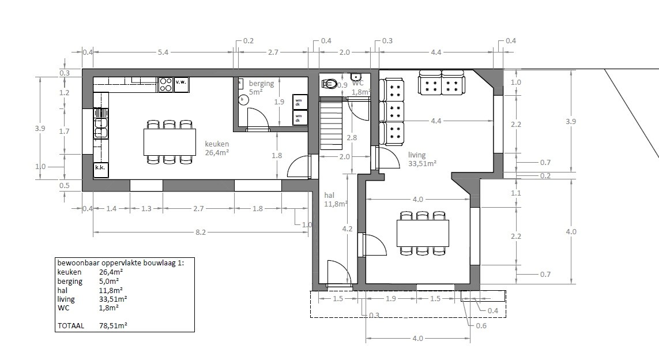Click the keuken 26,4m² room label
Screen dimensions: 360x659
point(217,148)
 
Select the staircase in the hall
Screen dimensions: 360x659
point(331,125)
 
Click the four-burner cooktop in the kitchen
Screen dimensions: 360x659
point(165,85)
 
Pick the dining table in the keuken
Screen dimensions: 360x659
point(169,142)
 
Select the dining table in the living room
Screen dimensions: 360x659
point(423,233)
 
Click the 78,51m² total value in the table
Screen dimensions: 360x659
point(113,325)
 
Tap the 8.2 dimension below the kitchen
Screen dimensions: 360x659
point(201,232)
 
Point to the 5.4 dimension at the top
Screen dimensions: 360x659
point(163,52)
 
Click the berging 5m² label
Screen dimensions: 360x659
point(261,87)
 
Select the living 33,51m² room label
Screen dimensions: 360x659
point(421,159)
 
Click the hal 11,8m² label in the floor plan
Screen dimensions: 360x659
point(335,200)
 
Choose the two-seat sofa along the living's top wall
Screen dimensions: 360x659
point(441,82)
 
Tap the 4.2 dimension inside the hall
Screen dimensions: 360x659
point(347,228)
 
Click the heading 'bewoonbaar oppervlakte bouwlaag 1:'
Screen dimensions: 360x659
point(120,262)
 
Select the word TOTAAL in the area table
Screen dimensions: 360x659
point(70,325)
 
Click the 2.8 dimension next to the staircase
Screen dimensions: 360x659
point(352,138)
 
